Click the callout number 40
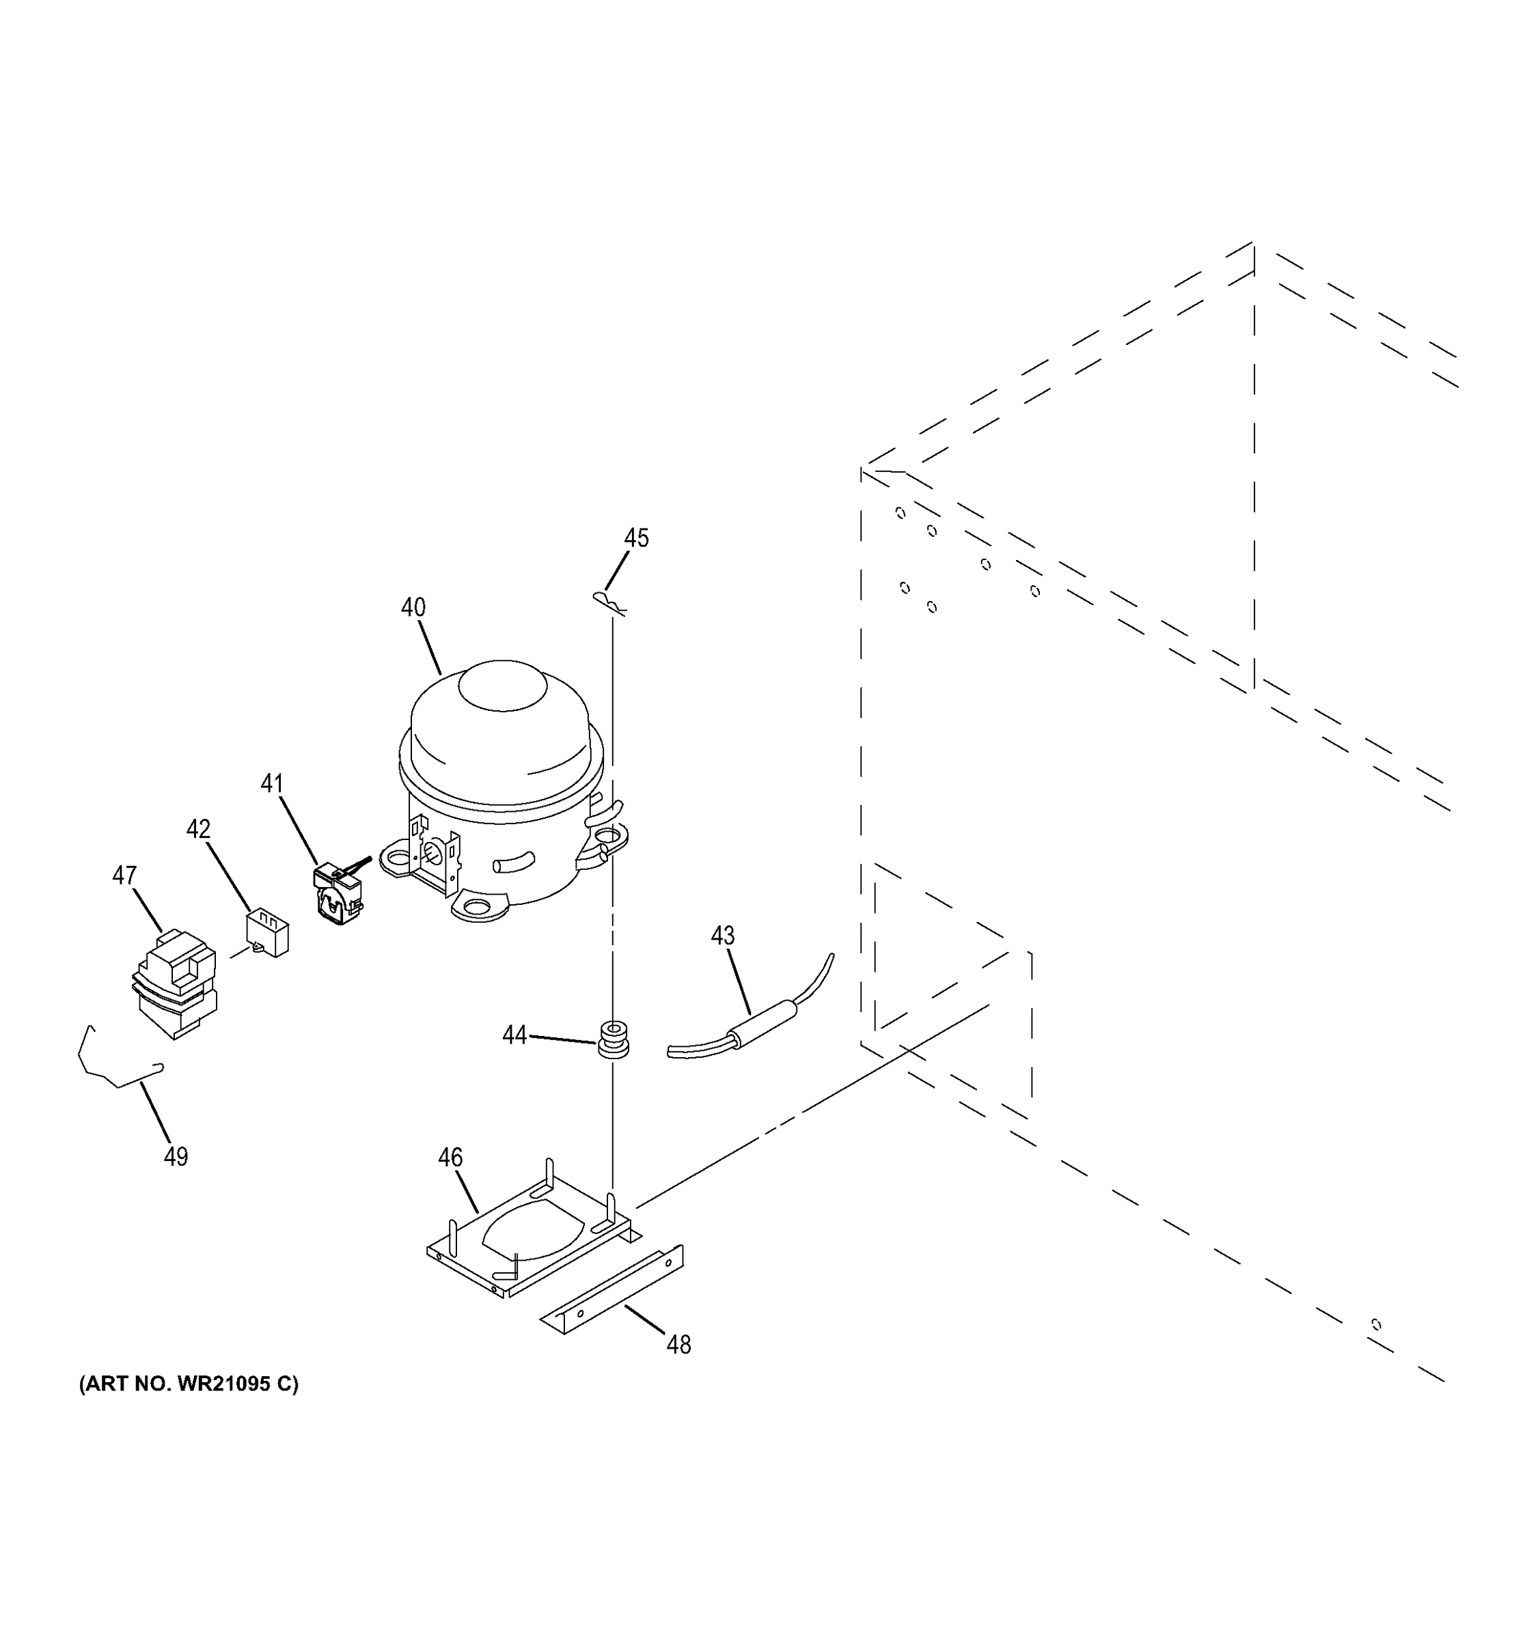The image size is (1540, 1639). [x=413, y=608]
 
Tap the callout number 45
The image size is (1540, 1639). [x=636, y=538]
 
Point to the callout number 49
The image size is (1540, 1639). [x=176, y=1157]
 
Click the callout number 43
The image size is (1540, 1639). [x=723, y=936]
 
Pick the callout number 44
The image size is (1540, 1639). [x=514, y=1035]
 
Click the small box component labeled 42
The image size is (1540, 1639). [x=267, y=932]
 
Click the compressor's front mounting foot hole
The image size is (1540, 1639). [x=476, y=908]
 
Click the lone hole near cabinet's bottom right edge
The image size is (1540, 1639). [x=1376, y=1325]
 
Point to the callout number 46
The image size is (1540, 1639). [x=450, y=1158]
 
